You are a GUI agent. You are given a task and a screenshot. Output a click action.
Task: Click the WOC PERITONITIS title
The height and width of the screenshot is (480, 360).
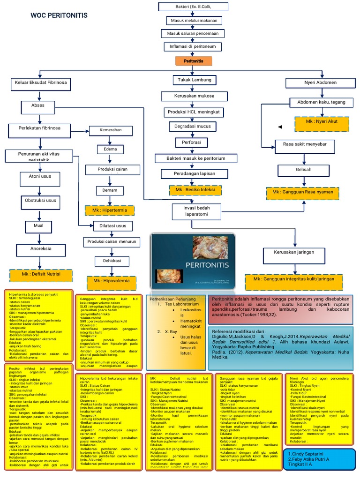[x=58, y=16]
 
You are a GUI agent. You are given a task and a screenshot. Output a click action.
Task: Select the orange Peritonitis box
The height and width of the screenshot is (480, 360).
[x=194, y=61]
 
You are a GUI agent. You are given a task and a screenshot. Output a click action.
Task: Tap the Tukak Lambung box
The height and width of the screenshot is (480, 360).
[x=195, y=80]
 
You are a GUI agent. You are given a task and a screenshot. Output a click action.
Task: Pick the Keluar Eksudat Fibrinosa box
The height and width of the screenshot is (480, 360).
[x=41, y=83]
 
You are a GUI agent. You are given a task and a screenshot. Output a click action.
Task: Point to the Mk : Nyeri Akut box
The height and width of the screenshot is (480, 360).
[x=322, y=121]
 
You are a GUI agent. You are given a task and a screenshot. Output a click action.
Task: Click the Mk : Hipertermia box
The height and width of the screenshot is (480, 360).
[x=109, y=210]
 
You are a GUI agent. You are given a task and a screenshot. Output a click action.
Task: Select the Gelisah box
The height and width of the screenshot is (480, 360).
[x=303, y=169]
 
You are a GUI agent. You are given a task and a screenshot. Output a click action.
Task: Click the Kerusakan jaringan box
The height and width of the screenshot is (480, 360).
[x=294, y=252]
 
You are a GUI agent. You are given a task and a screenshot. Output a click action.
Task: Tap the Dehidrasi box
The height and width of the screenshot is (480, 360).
[x=109, y=260]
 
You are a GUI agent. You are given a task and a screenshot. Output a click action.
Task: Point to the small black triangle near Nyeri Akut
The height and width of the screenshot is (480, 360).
[x=280, y=127]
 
